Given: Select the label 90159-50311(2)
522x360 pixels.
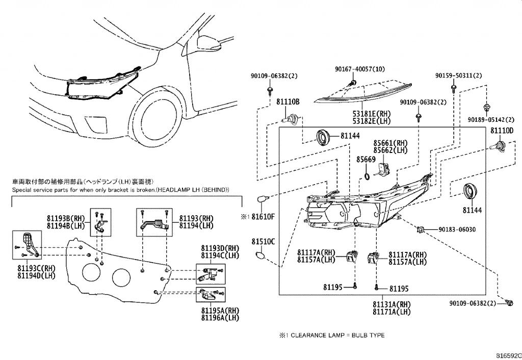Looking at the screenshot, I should (x=458, y=75).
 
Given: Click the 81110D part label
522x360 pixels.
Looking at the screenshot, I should (x=502, y=131).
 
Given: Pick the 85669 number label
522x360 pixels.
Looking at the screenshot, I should (x=366, y=160).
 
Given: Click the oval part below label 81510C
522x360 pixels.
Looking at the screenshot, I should (x=261, y=256).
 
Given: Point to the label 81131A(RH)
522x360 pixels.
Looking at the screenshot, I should (x=391, y=304).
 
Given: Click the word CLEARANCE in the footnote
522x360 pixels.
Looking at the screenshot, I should (x=315, y=335).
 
